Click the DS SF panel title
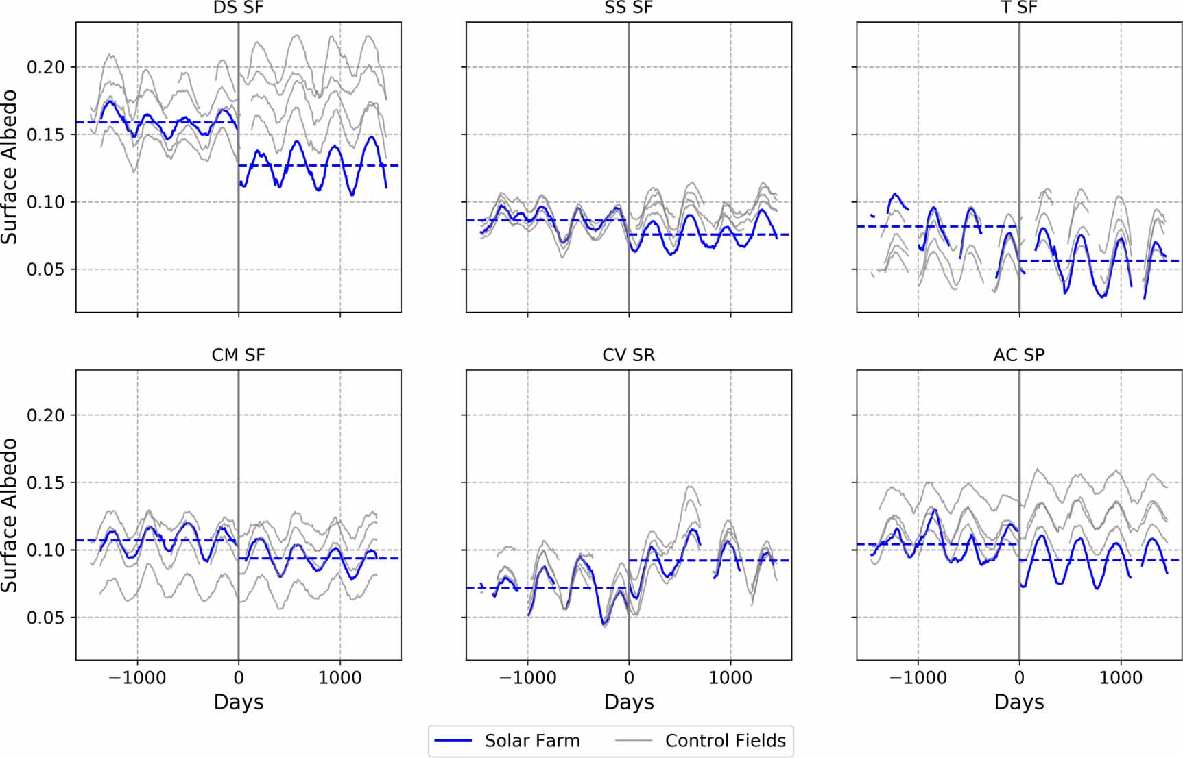tap(238, 8)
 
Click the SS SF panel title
tap(629, 8)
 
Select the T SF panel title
tap(1019, 8)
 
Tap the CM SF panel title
tap(238, 355)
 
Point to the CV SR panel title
tap(629, 355)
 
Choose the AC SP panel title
tap(1019, 355)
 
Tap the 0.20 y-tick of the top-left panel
tap(45, 67)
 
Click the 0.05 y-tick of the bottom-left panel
tap(45, 618)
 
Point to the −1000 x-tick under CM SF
tap(137, 678)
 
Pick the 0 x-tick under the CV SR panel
tap(629, 678)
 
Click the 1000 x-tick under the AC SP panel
tap(1121, 678)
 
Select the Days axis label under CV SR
tap(629, 702)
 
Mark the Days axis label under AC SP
tap(1019, 702)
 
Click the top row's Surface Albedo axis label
tap(10, 167)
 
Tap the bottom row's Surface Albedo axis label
tap(10, 515)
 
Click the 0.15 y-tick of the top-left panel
tap(45, 134)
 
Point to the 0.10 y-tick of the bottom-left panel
tap(45, 550)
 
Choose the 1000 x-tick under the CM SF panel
tap(339, 678)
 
